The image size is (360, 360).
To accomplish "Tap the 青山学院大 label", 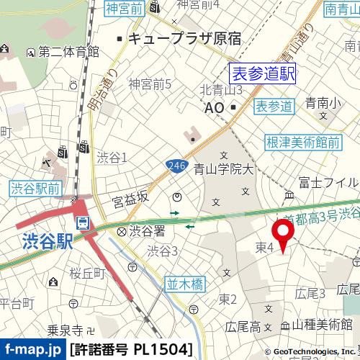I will click(x=225, y=170).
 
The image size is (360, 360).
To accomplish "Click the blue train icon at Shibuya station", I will click(x=83, y=222).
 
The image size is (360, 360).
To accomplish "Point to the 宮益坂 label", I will click(x=130, y=196).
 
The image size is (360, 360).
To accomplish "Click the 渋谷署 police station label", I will click(x=147, y=230).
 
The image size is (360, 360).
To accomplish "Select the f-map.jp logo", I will click(x=32, y=350).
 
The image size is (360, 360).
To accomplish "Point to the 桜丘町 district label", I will click(x=87, y=273).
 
